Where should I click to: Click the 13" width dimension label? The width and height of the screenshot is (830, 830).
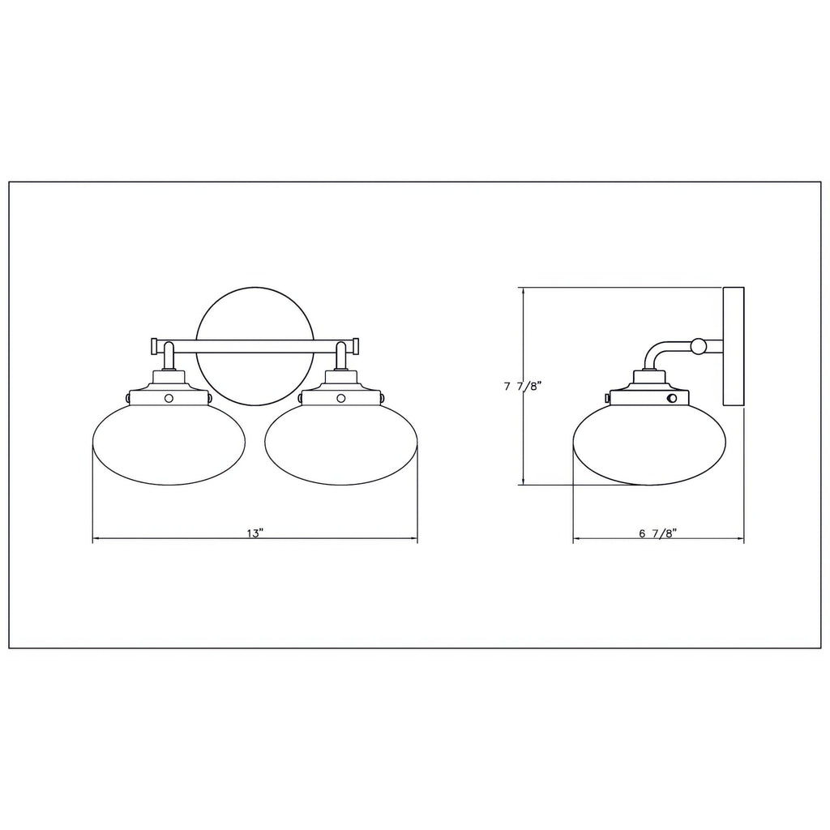255,533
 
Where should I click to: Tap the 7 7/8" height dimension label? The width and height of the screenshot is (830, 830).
521,387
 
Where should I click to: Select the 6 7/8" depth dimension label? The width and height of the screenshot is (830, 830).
658,533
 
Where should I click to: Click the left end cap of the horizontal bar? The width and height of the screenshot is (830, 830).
155,346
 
